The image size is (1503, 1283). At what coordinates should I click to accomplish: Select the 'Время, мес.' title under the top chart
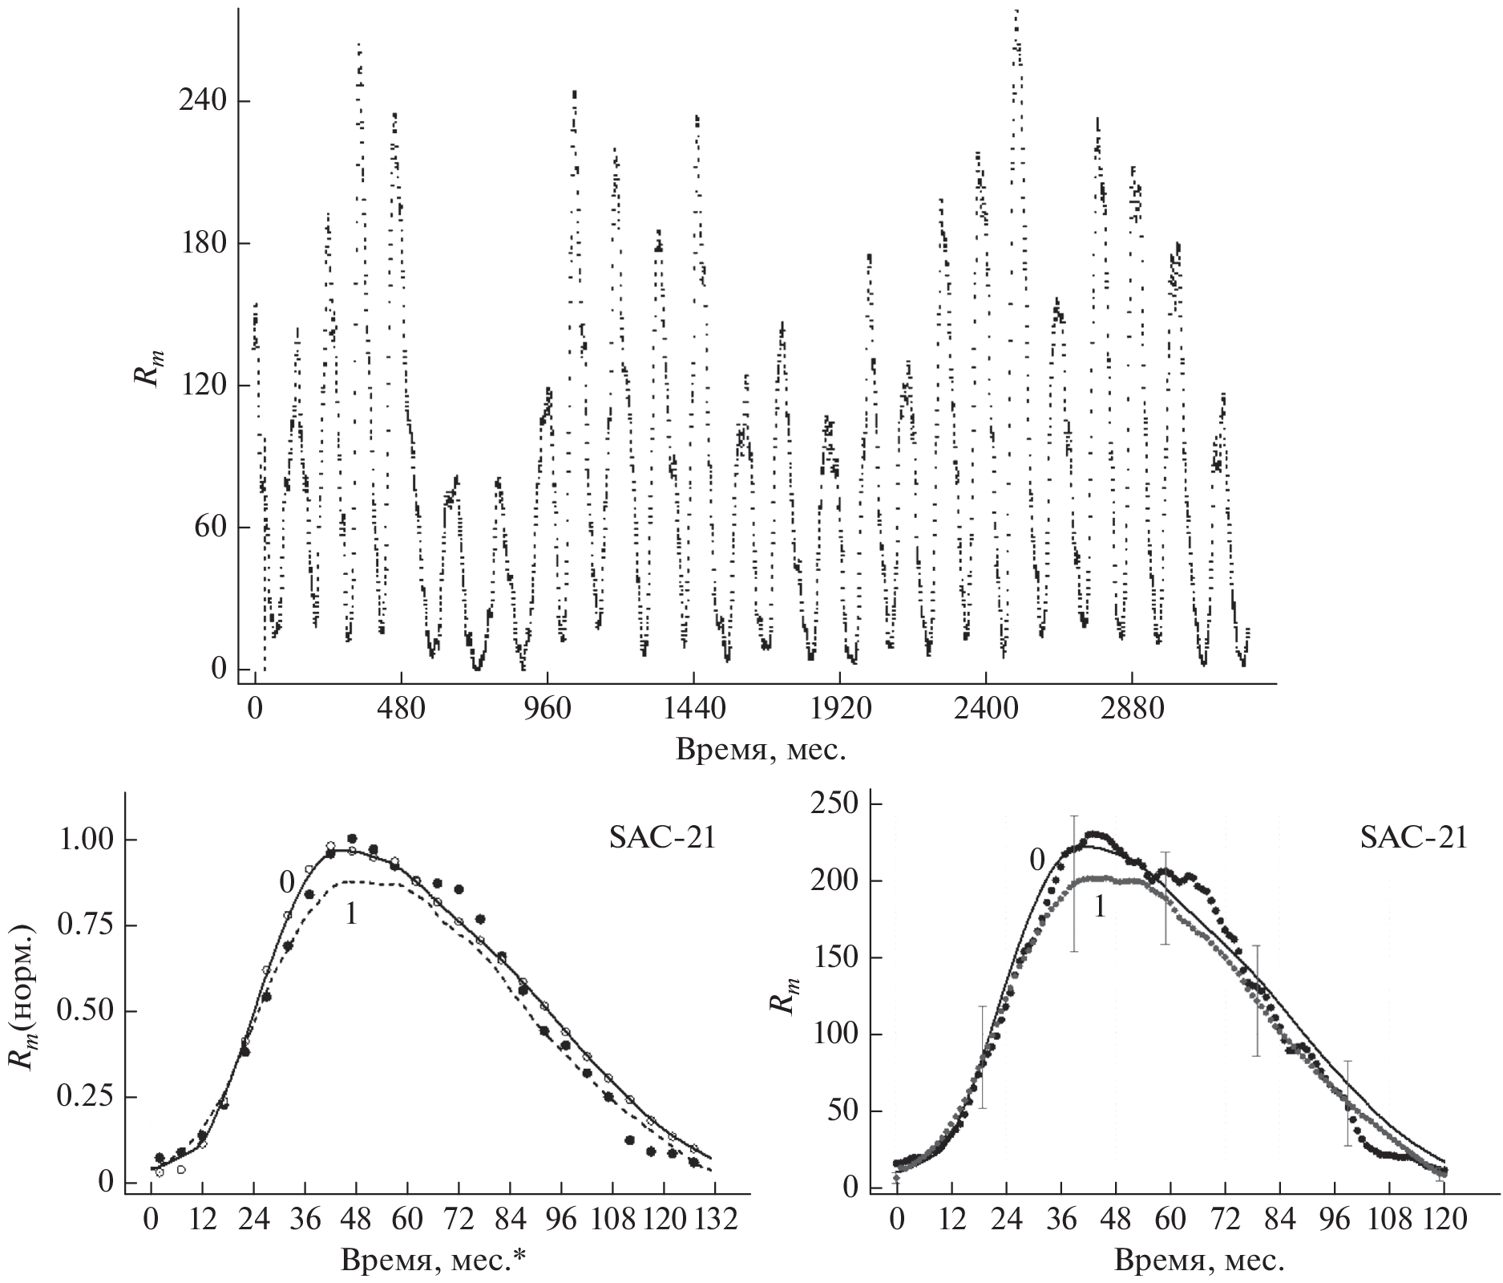761,750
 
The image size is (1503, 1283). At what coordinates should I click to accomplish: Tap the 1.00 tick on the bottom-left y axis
85,840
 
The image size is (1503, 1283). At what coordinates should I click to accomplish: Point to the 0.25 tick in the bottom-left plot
85,1097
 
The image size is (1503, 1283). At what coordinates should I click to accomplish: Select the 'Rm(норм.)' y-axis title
22,1010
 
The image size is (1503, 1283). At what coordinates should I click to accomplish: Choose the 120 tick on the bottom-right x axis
1444,1220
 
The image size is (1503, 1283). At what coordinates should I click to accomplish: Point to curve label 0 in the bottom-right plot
1036,860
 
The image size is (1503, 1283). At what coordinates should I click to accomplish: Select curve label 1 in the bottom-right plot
1100,906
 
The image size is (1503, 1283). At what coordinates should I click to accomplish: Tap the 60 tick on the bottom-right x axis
1170,1220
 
